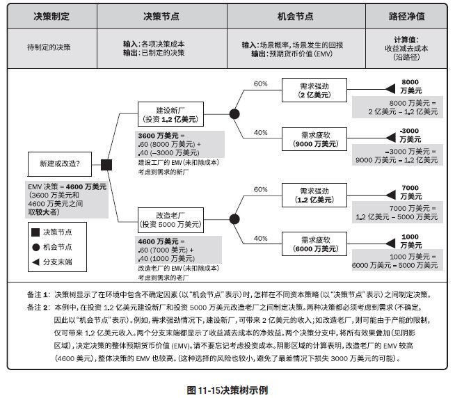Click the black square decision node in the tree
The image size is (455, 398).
pyautogui.click(x=107, y=165)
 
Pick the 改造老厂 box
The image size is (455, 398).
pyautogui.click(x=170, y=220)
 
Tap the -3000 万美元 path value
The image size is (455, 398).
pyautogui.click(x=410, y=134)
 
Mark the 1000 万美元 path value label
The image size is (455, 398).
pyautogui.click(x=410, y=241)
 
